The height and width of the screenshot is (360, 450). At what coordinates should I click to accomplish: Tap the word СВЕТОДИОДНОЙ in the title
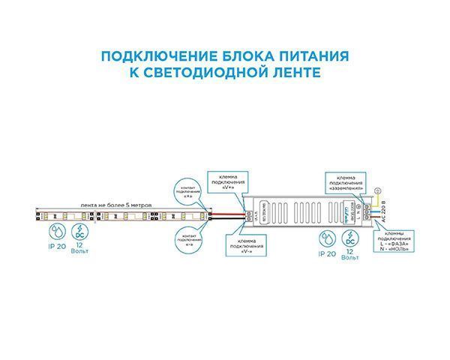pos(212,73)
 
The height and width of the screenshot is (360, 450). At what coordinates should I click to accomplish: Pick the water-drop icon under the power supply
pos(325,238)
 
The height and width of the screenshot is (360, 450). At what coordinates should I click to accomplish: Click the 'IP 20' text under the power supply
pos(325,255)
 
